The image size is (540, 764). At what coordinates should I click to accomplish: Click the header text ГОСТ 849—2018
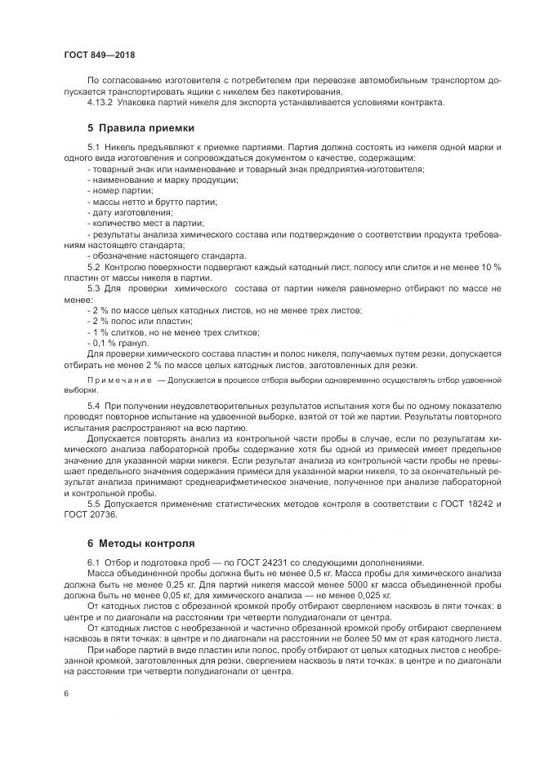pyautogui.click(x=99, y=56)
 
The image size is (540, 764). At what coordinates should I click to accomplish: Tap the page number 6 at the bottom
pyautogui.click(x=65, y=694)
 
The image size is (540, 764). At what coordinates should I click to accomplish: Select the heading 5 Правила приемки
pyautogui.click(x=141, y=128)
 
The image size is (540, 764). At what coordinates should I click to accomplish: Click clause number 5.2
pyautogui.click(x=93, y=266)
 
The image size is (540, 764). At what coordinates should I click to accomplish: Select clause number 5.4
pyautogui.click(x=93, y=406)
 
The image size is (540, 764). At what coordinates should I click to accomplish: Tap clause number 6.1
pyautogui.click(x=93, y=562)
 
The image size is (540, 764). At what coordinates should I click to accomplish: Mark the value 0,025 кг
pyautogui.click(x=371, y=595)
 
